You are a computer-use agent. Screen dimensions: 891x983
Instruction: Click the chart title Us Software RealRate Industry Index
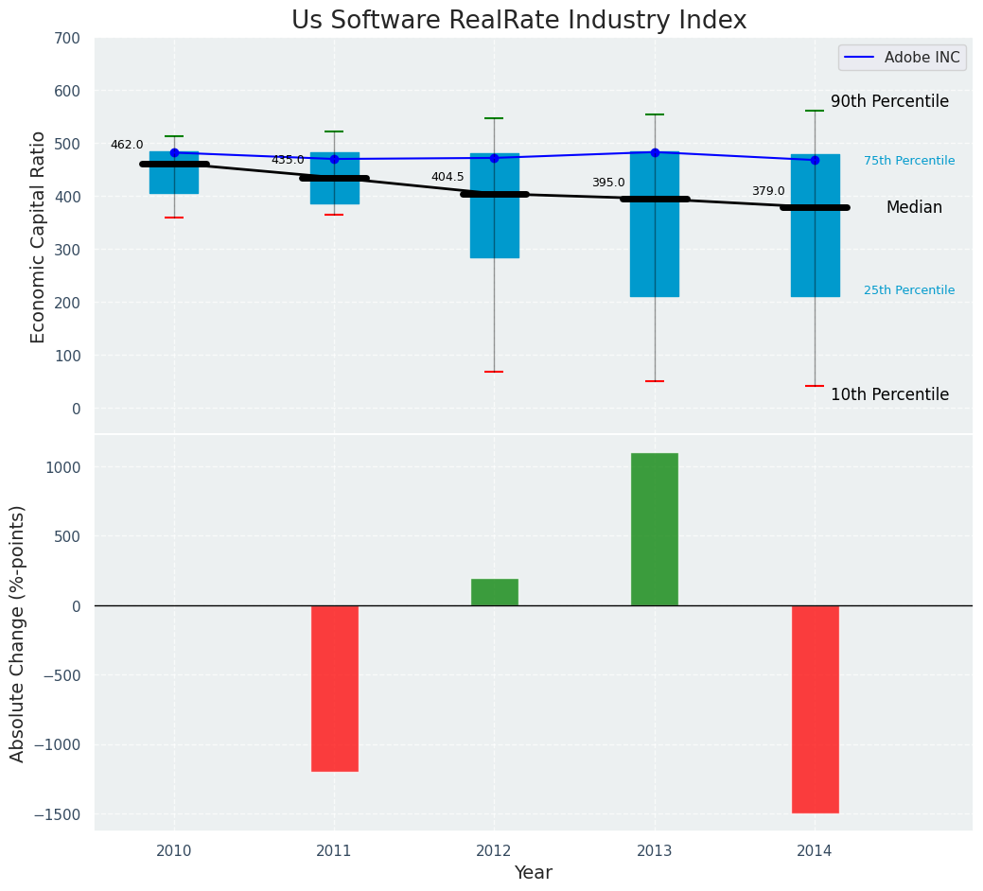[x=518, y=21]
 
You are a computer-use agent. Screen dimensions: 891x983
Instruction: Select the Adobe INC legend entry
[x=903, y=58]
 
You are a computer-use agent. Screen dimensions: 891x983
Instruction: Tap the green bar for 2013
[x=655, y=529]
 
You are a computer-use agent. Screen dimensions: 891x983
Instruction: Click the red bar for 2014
[x=815, y=708]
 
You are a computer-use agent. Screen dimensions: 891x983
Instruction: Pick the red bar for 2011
[x=334, y=688]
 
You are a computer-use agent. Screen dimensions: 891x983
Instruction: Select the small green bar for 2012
[x=494, y=592]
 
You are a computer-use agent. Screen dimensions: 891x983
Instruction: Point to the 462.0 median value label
[x=127, y=145]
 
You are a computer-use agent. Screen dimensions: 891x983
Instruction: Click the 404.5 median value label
[x=448, y=177]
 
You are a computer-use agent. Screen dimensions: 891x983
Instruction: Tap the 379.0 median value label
[x=768, y=191]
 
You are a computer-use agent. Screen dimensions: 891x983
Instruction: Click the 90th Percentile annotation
[x=889, y=101]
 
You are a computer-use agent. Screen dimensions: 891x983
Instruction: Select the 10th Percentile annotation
[x=889, y=394]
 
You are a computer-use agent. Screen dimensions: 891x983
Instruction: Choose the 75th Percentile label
[x=909, y=161]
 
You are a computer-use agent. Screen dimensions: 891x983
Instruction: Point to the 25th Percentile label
[x=909, y=290]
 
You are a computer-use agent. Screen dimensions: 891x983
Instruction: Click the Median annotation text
[x=914, y=207]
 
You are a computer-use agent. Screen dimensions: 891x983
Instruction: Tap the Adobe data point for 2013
[x=655, y=152]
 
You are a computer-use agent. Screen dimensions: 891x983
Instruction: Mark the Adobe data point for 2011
[x=334, y=159]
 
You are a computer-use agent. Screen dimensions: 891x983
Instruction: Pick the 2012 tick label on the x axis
[x=494, y=851]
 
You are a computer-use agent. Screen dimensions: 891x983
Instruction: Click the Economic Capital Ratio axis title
[x=39, y=236]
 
